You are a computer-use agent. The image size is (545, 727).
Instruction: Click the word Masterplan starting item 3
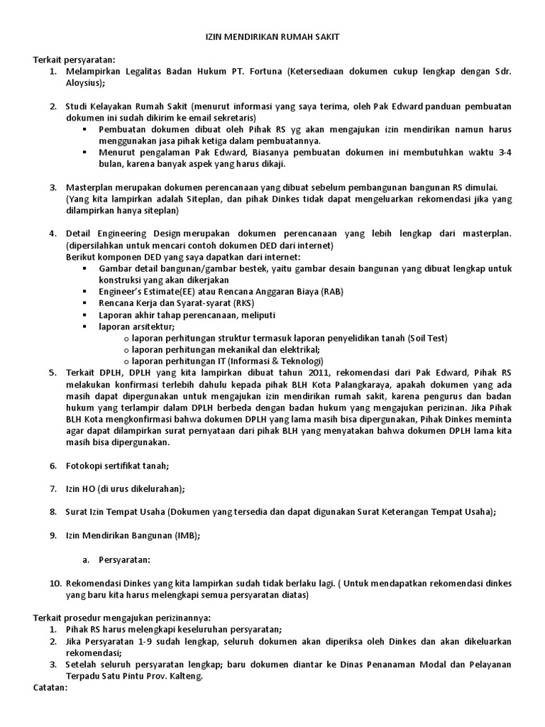click(91, 187)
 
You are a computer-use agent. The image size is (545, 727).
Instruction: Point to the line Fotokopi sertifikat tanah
click(117, 466)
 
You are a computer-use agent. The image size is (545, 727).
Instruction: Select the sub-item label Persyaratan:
click(125, 559)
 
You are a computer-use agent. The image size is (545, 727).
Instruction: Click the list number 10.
click(55, 583)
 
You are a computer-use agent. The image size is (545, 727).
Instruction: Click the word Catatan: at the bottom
click(50, 688)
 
